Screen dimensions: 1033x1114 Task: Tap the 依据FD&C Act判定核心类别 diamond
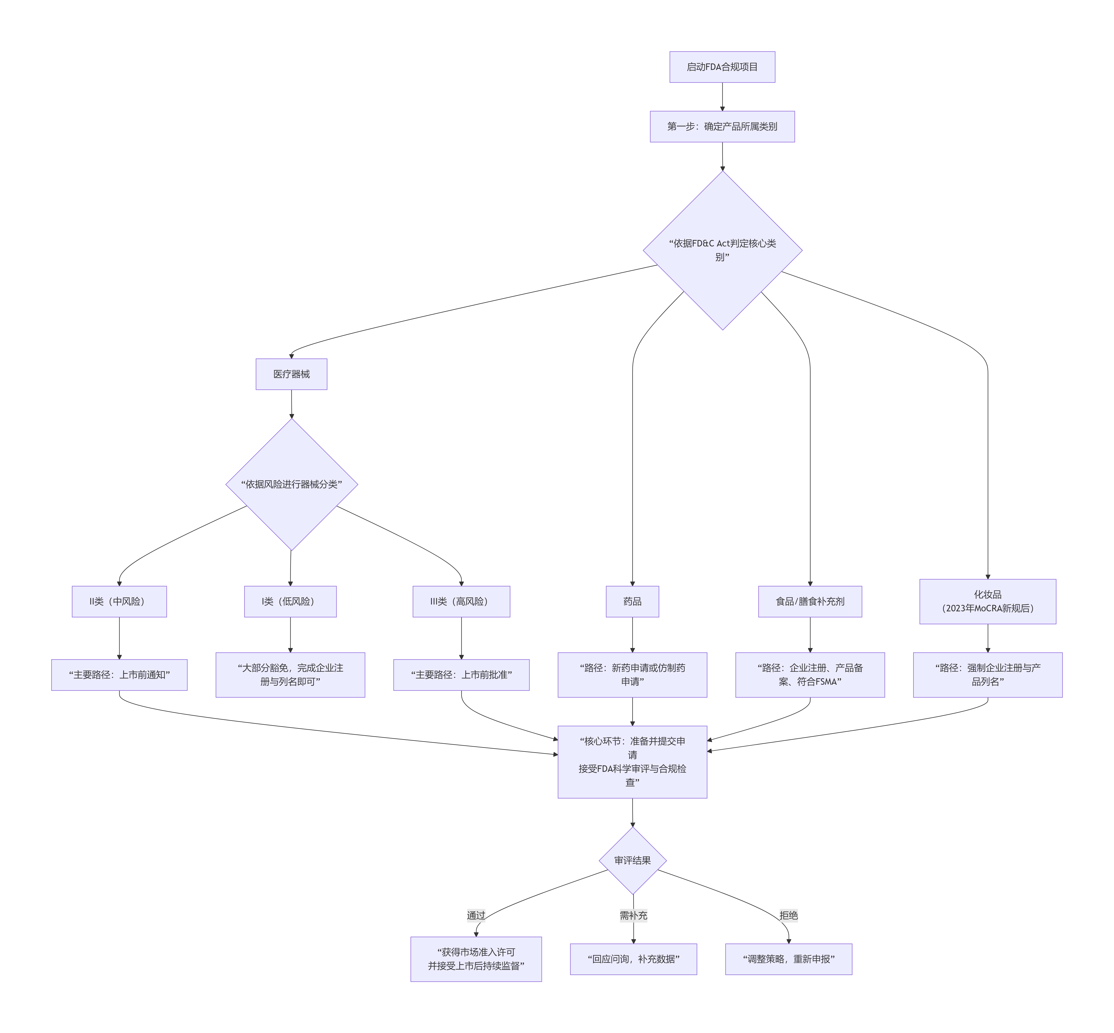pyautogui.click(x=722, y=250)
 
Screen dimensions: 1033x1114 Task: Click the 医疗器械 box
pyautogui.click(x=291, y=374)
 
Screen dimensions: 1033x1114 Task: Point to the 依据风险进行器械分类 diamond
pyautogui.click(x=291, y=484)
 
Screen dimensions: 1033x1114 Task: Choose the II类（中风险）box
pyautogui.click(x=119, y=601)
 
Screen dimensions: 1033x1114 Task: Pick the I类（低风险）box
pyautogui.click(x=290, y=601)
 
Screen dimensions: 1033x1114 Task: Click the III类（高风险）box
pyautogui.click(x=461, y=601)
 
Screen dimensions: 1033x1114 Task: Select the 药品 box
pyautogui.click(x=632, y=601)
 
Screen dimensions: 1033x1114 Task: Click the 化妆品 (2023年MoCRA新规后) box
pyautogui.click(x=987, y=601)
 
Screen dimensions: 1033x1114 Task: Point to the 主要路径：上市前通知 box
pyautogui.click(x=119, y=675)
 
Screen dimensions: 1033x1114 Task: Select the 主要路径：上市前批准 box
pyautogui.click(x=461, y=675)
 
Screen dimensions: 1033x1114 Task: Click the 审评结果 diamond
pyautogui.click(x=632, y=860)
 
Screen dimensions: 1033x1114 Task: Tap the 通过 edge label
pyautogui.click(x=476, y=915)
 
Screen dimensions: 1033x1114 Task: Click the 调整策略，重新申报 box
pyautogui.click(x=788, y=959)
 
